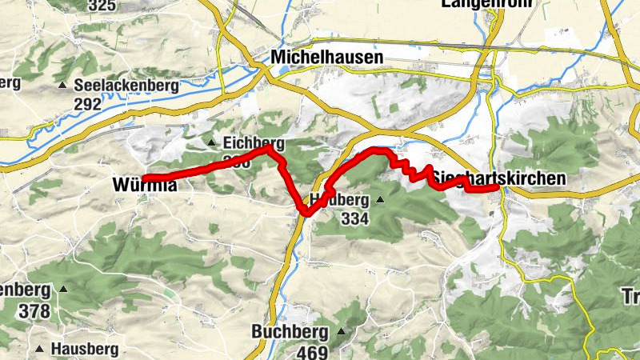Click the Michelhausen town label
tap(326, 58)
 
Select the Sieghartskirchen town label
tap(501, 180)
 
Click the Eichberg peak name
tap(254, 143)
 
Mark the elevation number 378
tap(35, 310)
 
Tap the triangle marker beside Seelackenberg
tap(62, 85)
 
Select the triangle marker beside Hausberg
tap(40, 349)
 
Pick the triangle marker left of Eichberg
tap(212, 143)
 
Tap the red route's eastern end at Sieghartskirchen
tap(498, 186)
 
